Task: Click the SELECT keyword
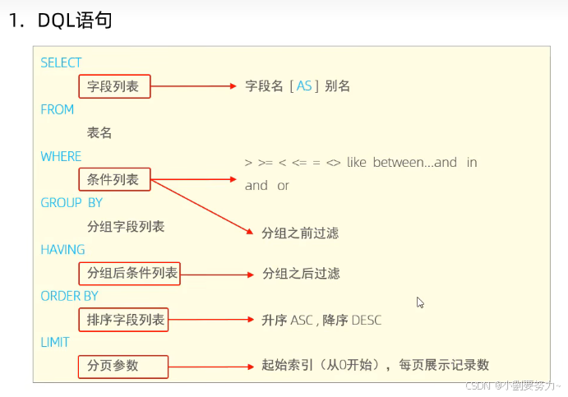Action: pos(61,62)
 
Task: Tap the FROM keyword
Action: pos(57,109)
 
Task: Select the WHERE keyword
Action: pos(61,156)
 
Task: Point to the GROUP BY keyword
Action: pos(72,202)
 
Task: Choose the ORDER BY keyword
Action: pos(69,296)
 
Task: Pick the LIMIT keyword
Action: pos(55,342)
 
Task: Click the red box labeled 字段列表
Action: pos(115,85)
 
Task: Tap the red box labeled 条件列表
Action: pos(115,179)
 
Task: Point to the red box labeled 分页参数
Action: pos(123,366)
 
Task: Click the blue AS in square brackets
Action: pos(304,85)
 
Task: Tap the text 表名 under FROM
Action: pos(99,132)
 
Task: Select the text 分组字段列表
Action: pos(126,226)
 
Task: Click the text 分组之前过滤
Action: pos(300,233)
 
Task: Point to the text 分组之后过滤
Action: pos(301,273)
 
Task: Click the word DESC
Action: pos(366,320)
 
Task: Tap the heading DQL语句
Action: pos(75,21)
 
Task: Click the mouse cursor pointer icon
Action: pos(420,302)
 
